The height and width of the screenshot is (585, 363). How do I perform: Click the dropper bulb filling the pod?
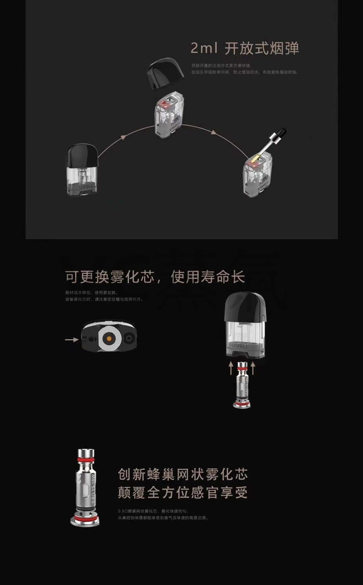point(283,132)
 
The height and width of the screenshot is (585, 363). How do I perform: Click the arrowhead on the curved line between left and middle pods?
point(123,137)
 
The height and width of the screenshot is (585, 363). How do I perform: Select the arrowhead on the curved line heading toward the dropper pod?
point(214,132)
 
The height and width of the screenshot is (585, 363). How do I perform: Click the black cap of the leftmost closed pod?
point(82,156)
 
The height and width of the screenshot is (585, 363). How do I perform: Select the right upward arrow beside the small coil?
point(253,368)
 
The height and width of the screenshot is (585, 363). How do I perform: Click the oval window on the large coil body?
point(85,489)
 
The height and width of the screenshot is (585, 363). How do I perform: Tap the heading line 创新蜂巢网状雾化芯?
point(183,474)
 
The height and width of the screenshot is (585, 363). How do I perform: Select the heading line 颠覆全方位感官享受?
point(183,492)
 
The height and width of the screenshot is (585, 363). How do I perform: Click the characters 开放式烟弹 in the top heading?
point(262,48)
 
